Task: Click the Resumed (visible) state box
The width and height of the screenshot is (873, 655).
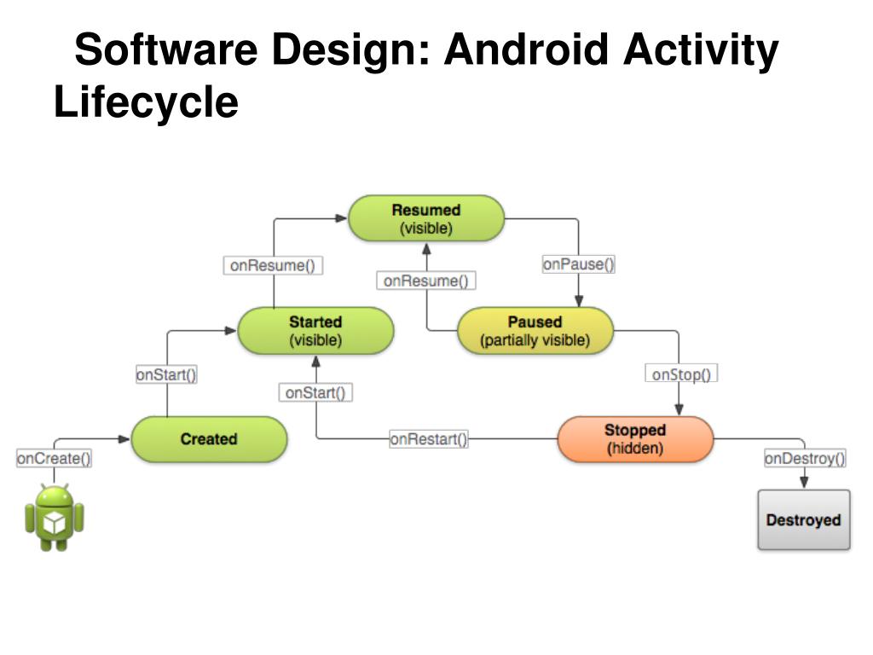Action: tap(426, 218)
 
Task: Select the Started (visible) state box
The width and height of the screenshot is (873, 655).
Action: tap(315, 331)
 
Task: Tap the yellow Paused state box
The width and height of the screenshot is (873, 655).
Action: tap(535, 331)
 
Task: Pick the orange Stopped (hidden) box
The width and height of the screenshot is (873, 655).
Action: tap(634, 439)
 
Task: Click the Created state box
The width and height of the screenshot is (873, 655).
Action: tap(209, 439)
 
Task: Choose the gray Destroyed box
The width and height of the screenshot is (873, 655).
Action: tap(803, 520)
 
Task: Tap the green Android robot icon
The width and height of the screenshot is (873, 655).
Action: tap(55, 517)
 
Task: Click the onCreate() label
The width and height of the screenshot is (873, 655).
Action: tap(55, 459)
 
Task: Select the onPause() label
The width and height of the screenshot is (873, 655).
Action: tap(578, 264)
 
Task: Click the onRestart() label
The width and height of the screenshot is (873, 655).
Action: tap(429, 439)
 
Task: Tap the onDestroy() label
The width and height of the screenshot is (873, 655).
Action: tap(805, 459)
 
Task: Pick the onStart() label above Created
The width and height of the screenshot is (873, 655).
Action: tap(166, 374)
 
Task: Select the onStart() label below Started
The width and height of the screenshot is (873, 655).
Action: tap(315, 392)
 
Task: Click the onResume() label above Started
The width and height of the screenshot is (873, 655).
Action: tap(273, 265)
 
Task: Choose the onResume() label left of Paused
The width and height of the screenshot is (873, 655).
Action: tap(426, 280)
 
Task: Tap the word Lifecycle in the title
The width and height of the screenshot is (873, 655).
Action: tap(146, 102)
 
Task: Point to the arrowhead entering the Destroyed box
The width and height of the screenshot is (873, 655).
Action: tap(804, 484)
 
